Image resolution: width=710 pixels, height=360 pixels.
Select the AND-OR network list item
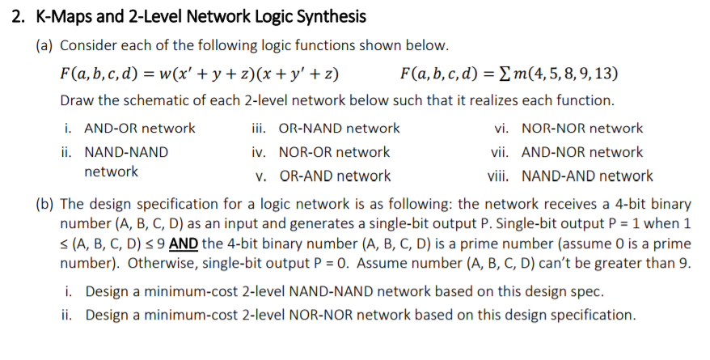140,128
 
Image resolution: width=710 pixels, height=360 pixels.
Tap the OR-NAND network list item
338,128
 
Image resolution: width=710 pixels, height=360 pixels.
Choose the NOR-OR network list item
333,152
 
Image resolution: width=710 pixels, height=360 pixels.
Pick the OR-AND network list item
334,176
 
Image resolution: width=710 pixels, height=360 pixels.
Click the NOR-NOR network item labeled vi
582,128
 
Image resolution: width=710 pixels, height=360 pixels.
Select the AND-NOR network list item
582,152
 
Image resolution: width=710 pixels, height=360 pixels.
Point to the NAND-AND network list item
587,176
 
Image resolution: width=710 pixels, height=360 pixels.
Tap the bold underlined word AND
184,244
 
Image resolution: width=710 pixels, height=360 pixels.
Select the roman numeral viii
501,176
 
